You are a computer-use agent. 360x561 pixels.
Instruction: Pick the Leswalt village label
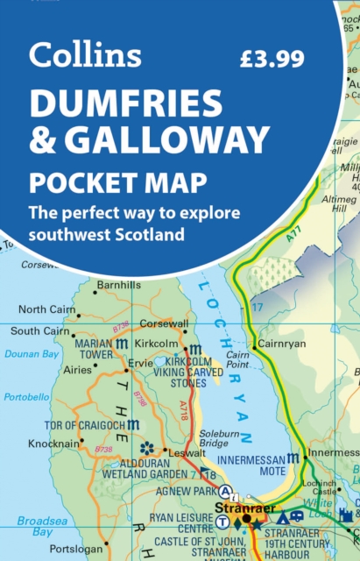click(x=187, y=454)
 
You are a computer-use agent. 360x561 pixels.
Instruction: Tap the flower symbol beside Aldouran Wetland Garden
click(x=146, y=448)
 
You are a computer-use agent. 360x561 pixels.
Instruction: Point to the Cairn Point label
click(x=238, y=381)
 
